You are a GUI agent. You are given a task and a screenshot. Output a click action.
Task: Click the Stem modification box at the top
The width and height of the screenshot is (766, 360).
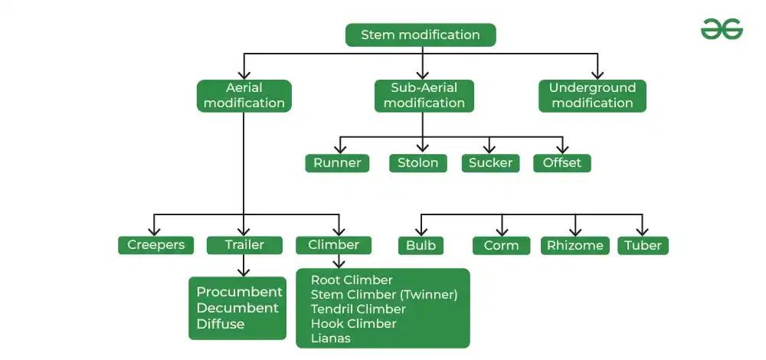point(421,35)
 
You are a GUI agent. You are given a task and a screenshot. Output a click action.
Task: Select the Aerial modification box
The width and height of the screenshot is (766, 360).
point(244,96)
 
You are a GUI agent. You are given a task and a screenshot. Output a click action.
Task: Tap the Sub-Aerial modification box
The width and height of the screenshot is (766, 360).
point(424,96)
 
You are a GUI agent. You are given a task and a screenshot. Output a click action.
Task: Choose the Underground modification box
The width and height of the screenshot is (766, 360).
point(592,96)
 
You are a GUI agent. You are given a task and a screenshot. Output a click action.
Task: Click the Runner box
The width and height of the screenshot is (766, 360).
point(337,163)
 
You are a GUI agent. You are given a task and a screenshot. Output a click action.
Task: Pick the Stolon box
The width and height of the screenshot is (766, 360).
point(417,163)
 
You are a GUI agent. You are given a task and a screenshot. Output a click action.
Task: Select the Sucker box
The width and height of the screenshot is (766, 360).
point(490,163)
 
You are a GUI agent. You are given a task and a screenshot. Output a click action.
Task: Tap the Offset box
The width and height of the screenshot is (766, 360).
point(561,163)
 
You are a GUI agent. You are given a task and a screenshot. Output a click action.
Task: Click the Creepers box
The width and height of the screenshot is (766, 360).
point(156,245)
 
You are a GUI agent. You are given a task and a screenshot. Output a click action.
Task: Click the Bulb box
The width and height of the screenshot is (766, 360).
point(421,246)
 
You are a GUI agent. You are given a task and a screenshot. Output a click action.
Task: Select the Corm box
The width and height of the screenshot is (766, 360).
point(501,246)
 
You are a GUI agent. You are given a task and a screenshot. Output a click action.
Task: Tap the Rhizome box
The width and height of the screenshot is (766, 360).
point(574,246)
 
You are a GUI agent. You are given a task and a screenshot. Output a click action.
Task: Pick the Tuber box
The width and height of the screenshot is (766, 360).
point(643,246)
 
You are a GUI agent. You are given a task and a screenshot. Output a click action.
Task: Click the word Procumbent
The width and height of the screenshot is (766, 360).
point(239,292)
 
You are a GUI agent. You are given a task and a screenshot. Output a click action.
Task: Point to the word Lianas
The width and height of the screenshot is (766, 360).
point(330,338)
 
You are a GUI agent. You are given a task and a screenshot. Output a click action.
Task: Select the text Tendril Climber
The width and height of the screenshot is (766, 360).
point(358,309)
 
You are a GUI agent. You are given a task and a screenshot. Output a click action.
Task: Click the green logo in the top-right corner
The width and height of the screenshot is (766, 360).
point(722,29)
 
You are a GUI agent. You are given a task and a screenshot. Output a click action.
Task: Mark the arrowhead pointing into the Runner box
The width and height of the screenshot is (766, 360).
point(340,150)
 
